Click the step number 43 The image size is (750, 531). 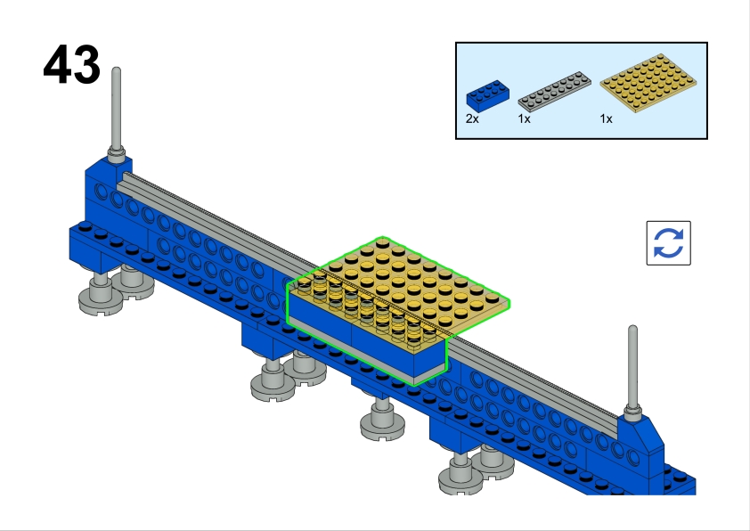[71, 66]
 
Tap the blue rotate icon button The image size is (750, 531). [668, 242]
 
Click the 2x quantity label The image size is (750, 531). [472, 118]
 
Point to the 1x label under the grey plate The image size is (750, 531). [525, 118]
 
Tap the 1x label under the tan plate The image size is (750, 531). [606, 118]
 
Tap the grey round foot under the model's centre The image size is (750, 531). [381, 422]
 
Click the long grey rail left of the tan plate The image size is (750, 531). [214, 224]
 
